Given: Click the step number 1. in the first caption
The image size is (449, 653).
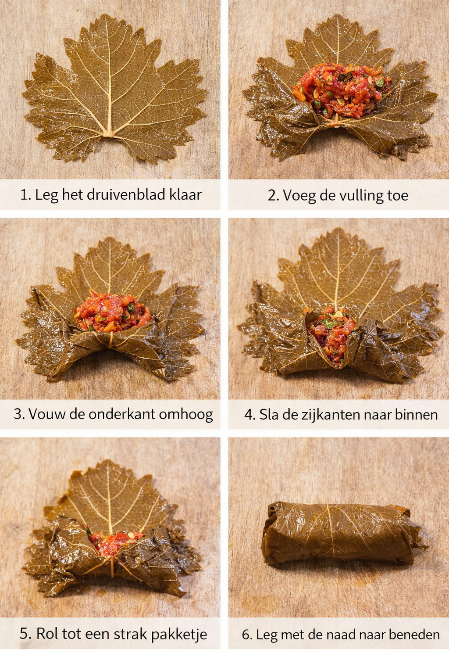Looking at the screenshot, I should pos(25,194).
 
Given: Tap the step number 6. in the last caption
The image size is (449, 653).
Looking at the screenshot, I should pos(247,635).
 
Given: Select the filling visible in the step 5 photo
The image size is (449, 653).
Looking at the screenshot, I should pos(116,541).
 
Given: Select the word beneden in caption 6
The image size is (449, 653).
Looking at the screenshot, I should pos(414,635).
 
